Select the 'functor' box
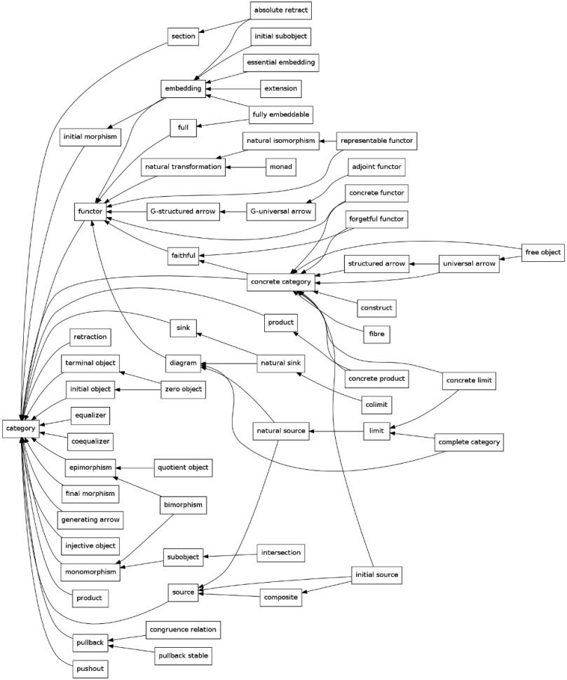[90, 211]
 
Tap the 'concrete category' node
[280, 282]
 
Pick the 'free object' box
[542, 252]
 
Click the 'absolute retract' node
[280, 11]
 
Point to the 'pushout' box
[90, 669]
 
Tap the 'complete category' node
[469, 442]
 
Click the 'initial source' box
[376, 575]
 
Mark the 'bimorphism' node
[184, 504]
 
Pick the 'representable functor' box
[377, 141]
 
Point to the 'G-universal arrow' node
[280, 211]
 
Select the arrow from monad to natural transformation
[246, 167]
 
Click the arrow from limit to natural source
[336, 431]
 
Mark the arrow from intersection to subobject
[231, 555]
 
